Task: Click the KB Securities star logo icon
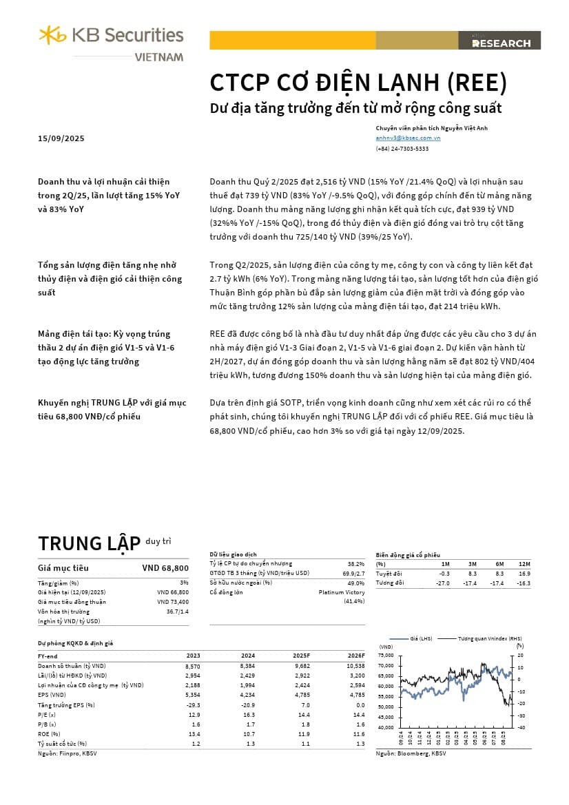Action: click(x=52, y=34)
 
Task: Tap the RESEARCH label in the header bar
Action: click(x=501, y=43)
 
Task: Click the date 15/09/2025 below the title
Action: click(x=61, y=138)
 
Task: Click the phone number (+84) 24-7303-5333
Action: click(x=402, y=149)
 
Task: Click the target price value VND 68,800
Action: click(x=165, y=568)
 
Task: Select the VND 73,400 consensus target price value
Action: click(x=173, y=602)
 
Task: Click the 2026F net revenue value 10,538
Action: click(x=353, y=666)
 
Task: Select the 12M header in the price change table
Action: click(x=524, y=564)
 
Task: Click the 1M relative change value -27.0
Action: click(x=443, y=583)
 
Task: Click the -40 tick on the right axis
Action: click(x=521, y=727)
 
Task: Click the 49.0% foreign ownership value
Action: click(x=356, y=583)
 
